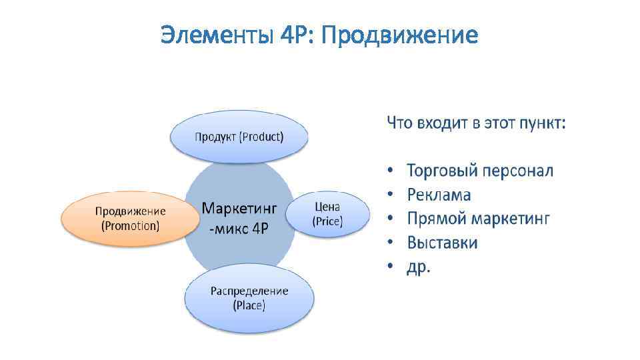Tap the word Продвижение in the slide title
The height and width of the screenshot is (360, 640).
tap(399, 35)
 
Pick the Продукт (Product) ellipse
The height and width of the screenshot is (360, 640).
tap(239, 137)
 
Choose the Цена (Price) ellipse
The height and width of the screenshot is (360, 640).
tap(327, 215)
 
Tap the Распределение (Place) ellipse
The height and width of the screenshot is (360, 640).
tap(249, 298)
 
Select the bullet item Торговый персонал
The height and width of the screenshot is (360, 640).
tap(479, 171)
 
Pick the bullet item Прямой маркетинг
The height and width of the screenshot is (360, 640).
tap(478, 219)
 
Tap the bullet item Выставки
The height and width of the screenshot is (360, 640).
tap(442, 242)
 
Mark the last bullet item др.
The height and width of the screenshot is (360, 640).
tap(419, 266)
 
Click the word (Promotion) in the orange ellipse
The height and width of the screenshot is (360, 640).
tap(131, 226)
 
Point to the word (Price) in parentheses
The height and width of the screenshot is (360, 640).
tap(327, 222)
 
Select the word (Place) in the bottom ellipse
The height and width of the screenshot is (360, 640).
tap(249, 306)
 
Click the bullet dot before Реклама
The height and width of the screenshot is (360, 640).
tap(391, 195)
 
